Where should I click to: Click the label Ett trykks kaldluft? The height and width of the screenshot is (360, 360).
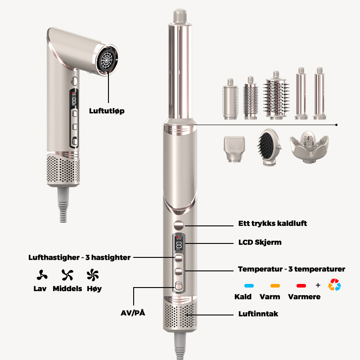point(273,224)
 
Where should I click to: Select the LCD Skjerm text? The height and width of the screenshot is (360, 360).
point(260,242)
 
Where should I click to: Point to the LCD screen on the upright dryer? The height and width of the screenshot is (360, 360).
point(179,244)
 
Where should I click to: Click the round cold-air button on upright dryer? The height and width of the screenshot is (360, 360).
point(179,225)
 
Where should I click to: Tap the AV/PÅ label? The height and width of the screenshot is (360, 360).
point(133,313)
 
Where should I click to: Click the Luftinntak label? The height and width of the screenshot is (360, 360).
point(257,313)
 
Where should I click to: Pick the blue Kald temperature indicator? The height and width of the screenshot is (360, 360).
point(246,285)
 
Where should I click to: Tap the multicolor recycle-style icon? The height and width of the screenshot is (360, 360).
point(334,285)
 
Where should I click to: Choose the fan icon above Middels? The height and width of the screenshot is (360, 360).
point(67,274)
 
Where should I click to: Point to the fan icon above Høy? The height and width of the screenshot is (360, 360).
point(93,274)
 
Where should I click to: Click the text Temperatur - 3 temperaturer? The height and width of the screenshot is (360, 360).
point(291,269)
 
